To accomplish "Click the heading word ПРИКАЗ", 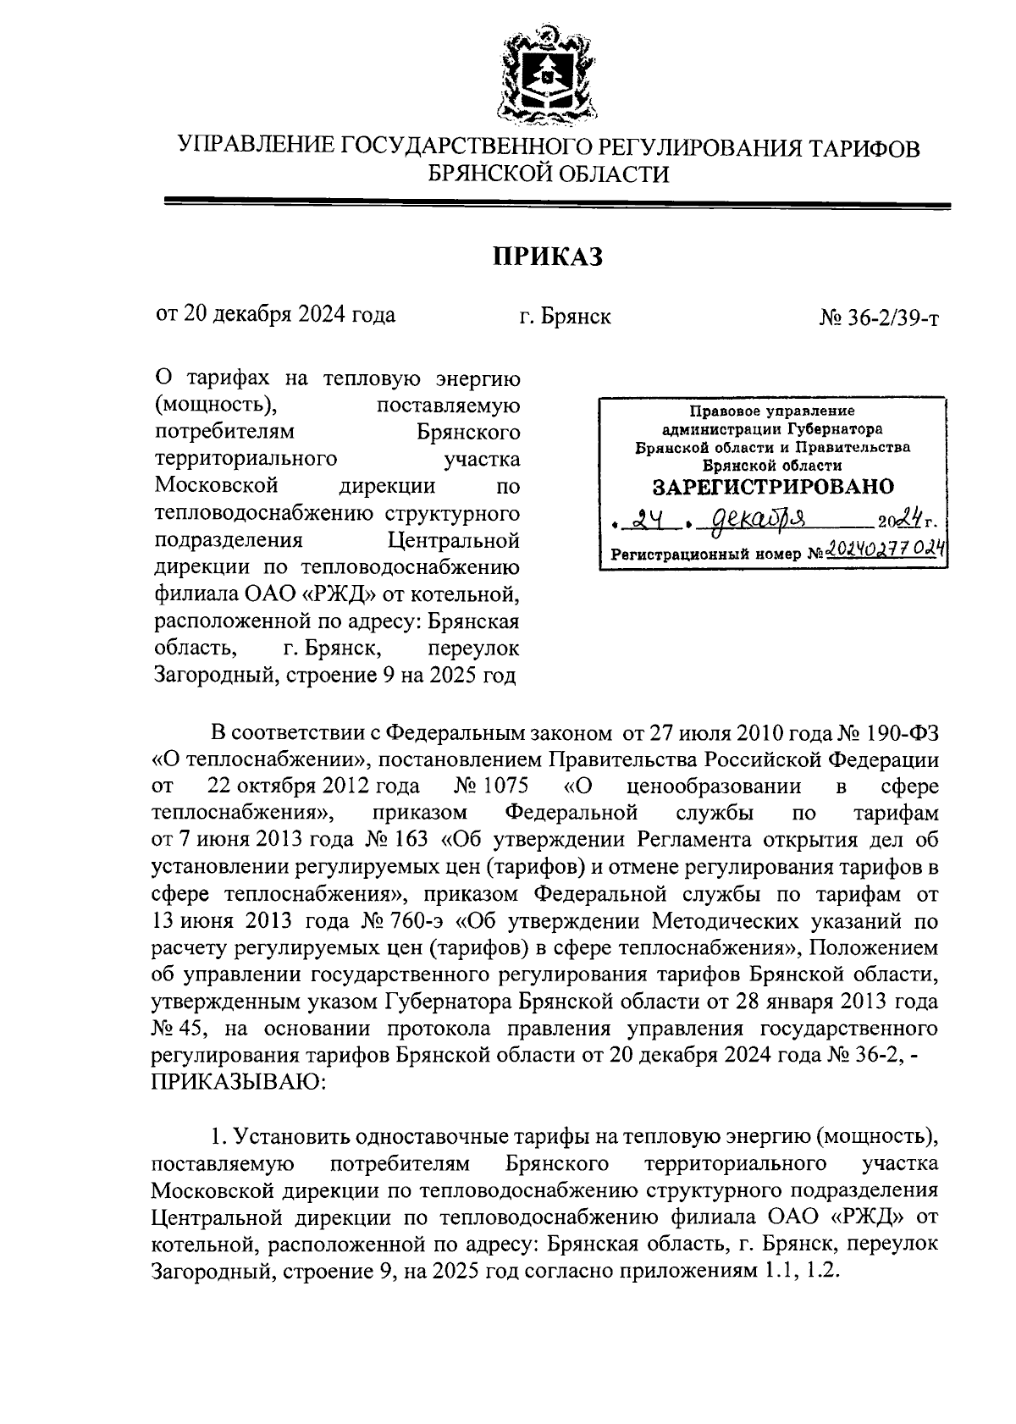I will pos(548,256).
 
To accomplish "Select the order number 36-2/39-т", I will pos(879,317).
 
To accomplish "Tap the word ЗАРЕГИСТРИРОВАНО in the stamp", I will pos(772,487).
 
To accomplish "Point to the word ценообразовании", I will pos(720,787).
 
